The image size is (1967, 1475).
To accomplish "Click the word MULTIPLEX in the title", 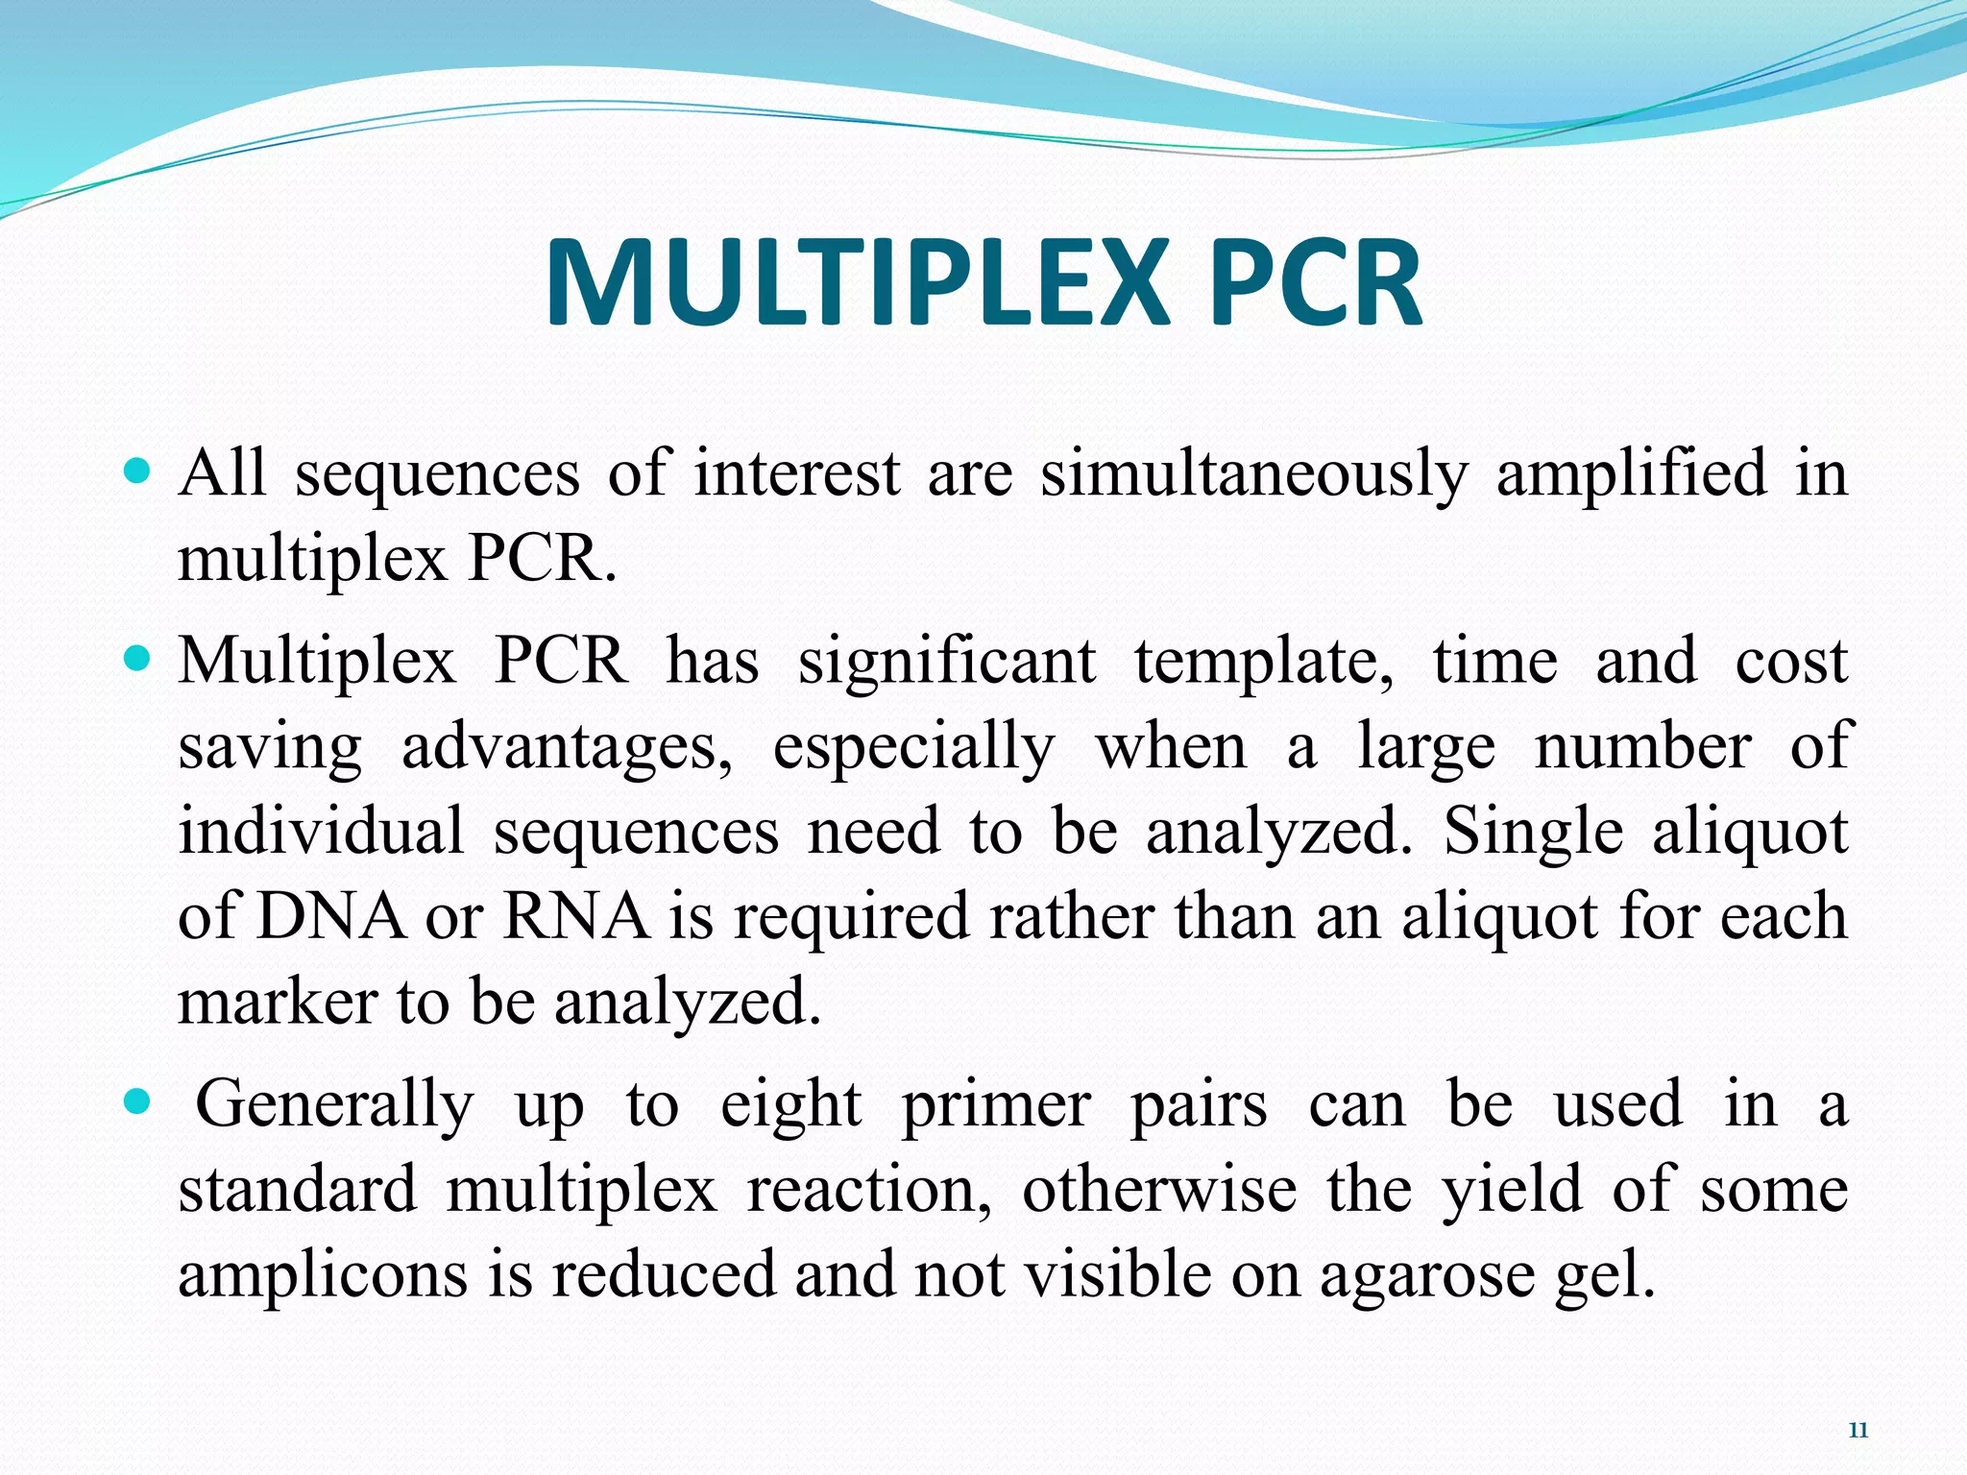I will (x=857, y=285).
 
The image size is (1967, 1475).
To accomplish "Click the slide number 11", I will (x=1858, y=1431).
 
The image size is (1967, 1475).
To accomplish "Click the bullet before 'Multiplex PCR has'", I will (x=138, y=660).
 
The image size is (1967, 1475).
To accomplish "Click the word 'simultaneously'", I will (x=1254, y=474).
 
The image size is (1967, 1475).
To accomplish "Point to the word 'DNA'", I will (x=331, y=916).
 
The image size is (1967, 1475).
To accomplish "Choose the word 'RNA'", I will (x=576, y=916).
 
